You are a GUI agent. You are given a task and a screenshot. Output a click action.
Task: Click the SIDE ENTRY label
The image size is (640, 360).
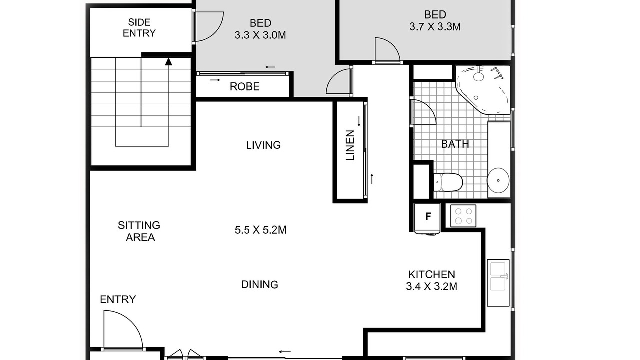click(139, 27)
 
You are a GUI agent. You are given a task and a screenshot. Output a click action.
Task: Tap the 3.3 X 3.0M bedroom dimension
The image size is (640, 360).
click(260, 35)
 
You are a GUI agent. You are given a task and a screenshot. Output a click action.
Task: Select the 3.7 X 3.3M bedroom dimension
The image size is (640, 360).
click(435, 27)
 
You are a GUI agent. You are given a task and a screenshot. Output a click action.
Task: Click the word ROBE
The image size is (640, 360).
click(245, 86)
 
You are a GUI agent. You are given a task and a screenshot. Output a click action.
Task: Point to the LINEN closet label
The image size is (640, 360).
click(350, 145)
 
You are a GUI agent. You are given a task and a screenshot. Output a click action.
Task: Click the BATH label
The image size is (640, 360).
click(455, 144)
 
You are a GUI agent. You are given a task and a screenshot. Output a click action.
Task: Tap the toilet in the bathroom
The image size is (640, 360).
click(448, 182)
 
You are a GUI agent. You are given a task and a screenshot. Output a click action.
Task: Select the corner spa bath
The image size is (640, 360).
click(483, 90)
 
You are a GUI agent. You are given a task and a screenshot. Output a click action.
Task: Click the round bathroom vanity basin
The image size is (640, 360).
click(498, 180)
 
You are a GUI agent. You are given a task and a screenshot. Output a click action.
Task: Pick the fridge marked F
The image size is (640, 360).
click(428, 219)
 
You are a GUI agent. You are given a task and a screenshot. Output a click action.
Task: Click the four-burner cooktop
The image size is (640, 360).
click(463, 216)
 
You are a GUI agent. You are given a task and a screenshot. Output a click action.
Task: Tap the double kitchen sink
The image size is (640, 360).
click(498, 283)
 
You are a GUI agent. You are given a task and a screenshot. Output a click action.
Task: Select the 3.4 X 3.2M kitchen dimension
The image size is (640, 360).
click(431, 286)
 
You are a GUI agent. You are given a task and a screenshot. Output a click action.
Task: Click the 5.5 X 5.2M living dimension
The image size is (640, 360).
click(260, 230)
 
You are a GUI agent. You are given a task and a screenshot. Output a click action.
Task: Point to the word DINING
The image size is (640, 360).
click(259, 284)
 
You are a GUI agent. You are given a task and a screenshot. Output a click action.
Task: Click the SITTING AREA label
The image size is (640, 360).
click(139, 231)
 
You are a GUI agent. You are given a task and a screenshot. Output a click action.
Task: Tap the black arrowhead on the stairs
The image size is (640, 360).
click(169, 61)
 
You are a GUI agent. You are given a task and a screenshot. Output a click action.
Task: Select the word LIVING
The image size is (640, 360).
click(263, 145)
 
